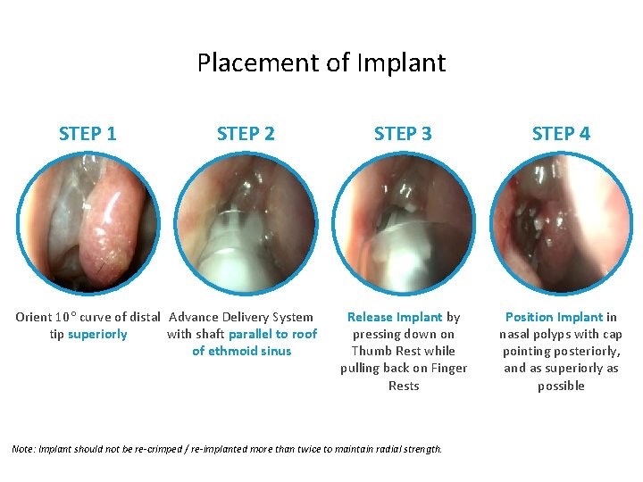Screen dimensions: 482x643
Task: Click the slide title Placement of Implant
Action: [321, 63]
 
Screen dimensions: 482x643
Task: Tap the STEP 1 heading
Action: [88, 134]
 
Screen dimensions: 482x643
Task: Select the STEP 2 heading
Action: [246, 134]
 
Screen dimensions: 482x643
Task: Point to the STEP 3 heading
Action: [403, 134]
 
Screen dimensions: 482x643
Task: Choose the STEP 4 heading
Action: [561, 134]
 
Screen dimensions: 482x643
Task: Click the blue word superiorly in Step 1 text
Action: [97, 335]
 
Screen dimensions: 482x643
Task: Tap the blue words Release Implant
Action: [395, 317]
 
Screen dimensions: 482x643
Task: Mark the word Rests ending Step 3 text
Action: [404, 386]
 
